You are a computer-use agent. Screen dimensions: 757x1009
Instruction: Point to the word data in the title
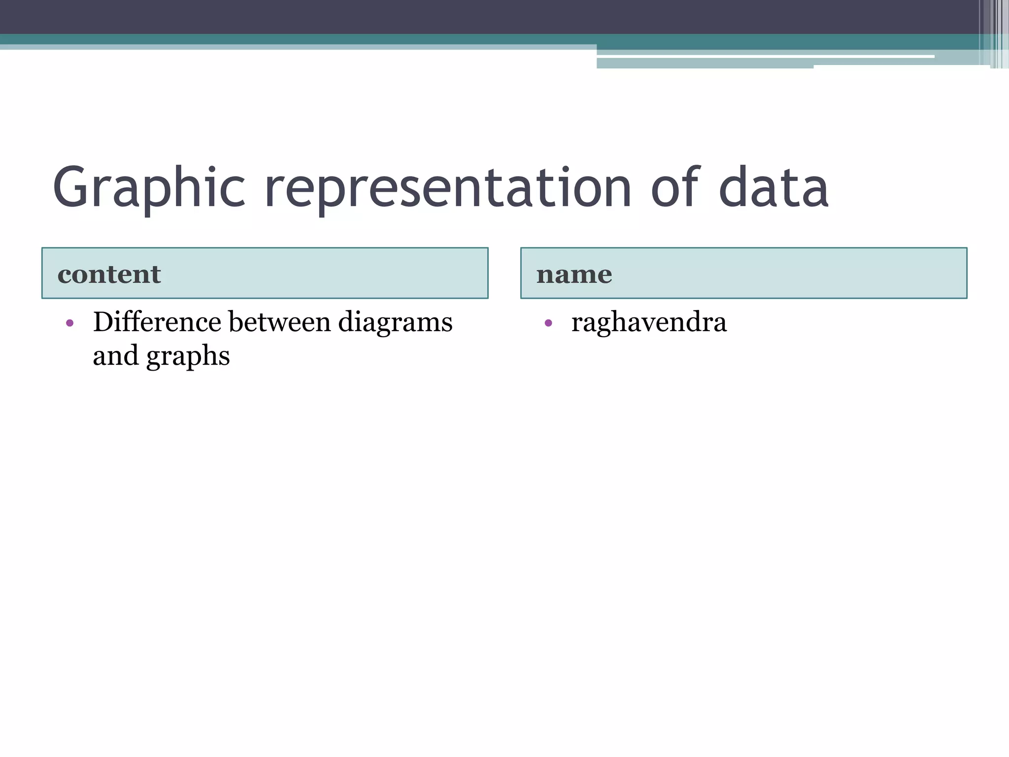pyautogui.click(x=774, y=188)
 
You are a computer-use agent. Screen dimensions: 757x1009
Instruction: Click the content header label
pyautogui.click(x=109, y=274)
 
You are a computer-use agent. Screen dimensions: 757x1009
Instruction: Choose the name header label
pyautogui.click(x=574, y=275)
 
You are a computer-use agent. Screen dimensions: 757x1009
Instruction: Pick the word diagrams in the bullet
pyautogui.click(x=395, y=323)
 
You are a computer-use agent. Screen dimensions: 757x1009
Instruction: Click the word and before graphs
pyautogui.click(x=116, y=355)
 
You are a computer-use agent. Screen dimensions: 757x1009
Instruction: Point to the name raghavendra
pyautogui.click(x=649, y=322)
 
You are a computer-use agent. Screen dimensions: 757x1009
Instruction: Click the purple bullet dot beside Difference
pyautogui.click(x=70, y=323)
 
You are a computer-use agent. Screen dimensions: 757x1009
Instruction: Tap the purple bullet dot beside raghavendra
pyautogui.click(x=548, y=323)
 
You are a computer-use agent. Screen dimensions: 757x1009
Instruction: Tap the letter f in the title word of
pyautogui.click(x=690, y=185)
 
